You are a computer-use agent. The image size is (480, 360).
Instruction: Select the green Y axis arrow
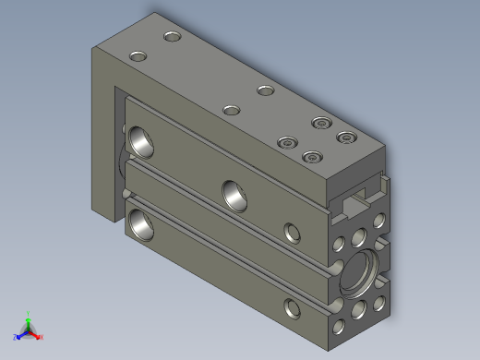tap(29, 316)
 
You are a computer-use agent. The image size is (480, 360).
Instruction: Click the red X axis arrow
tap(39, 337)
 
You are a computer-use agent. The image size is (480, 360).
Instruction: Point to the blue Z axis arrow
tap(19, 335)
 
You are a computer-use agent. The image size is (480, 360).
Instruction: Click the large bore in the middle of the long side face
tap(234, 192)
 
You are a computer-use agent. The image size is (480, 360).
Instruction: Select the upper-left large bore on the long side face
tap(143, 140)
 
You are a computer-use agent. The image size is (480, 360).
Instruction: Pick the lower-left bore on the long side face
tap(141, 222)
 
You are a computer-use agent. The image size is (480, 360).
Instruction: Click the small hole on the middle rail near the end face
tap(294, 230)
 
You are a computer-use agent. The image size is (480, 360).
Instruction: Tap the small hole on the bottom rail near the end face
tap(294, 306)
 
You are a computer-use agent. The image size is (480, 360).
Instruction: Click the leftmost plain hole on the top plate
tap(138, 56)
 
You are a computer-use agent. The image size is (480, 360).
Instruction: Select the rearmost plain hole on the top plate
tap(172, 38)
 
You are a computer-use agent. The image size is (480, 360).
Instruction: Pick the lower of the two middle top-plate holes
tap(232, 111)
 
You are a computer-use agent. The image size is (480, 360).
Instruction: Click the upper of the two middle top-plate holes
tap(266, 90)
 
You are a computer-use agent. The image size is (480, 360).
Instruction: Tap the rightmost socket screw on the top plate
tap(346, 138)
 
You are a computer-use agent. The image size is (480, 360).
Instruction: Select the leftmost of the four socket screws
tap(288, 143)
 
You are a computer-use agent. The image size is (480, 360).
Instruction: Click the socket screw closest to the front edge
tap(313, 157)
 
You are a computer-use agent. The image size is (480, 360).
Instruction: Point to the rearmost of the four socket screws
tap(320, 123)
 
